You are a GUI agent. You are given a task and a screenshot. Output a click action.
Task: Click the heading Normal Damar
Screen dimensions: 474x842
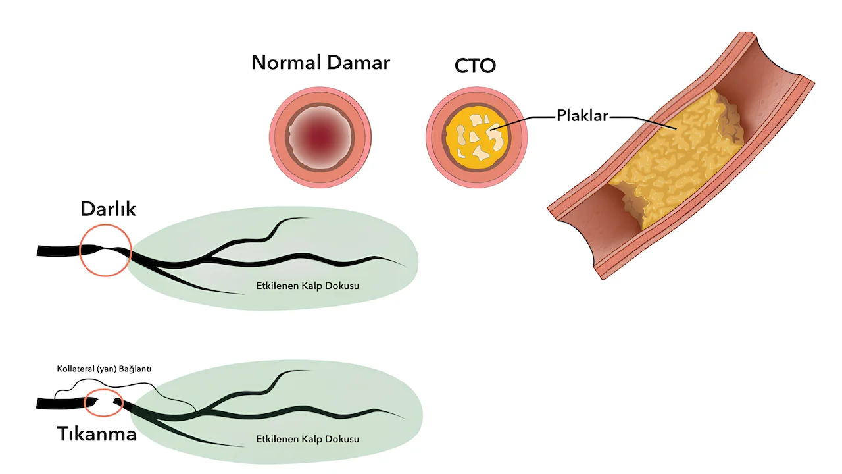320,63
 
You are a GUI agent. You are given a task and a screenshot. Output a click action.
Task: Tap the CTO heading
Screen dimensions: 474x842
475,66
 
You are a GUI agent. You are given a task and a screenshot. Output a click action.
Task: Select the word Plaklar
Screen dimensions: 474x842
582,117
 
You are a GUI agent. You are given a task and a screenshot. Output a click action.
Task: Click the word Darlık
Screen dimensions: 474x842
108,209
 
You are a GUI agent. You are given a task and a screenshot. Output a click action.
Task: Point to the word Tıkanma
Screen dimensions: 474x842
96,434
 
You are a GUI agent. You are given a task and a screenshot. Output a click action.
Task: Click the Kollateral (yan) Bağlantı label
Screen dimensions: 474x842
104,369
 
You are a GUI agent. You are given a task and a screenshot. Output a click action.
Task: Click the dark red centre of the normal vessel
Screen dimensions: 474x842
320,136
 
